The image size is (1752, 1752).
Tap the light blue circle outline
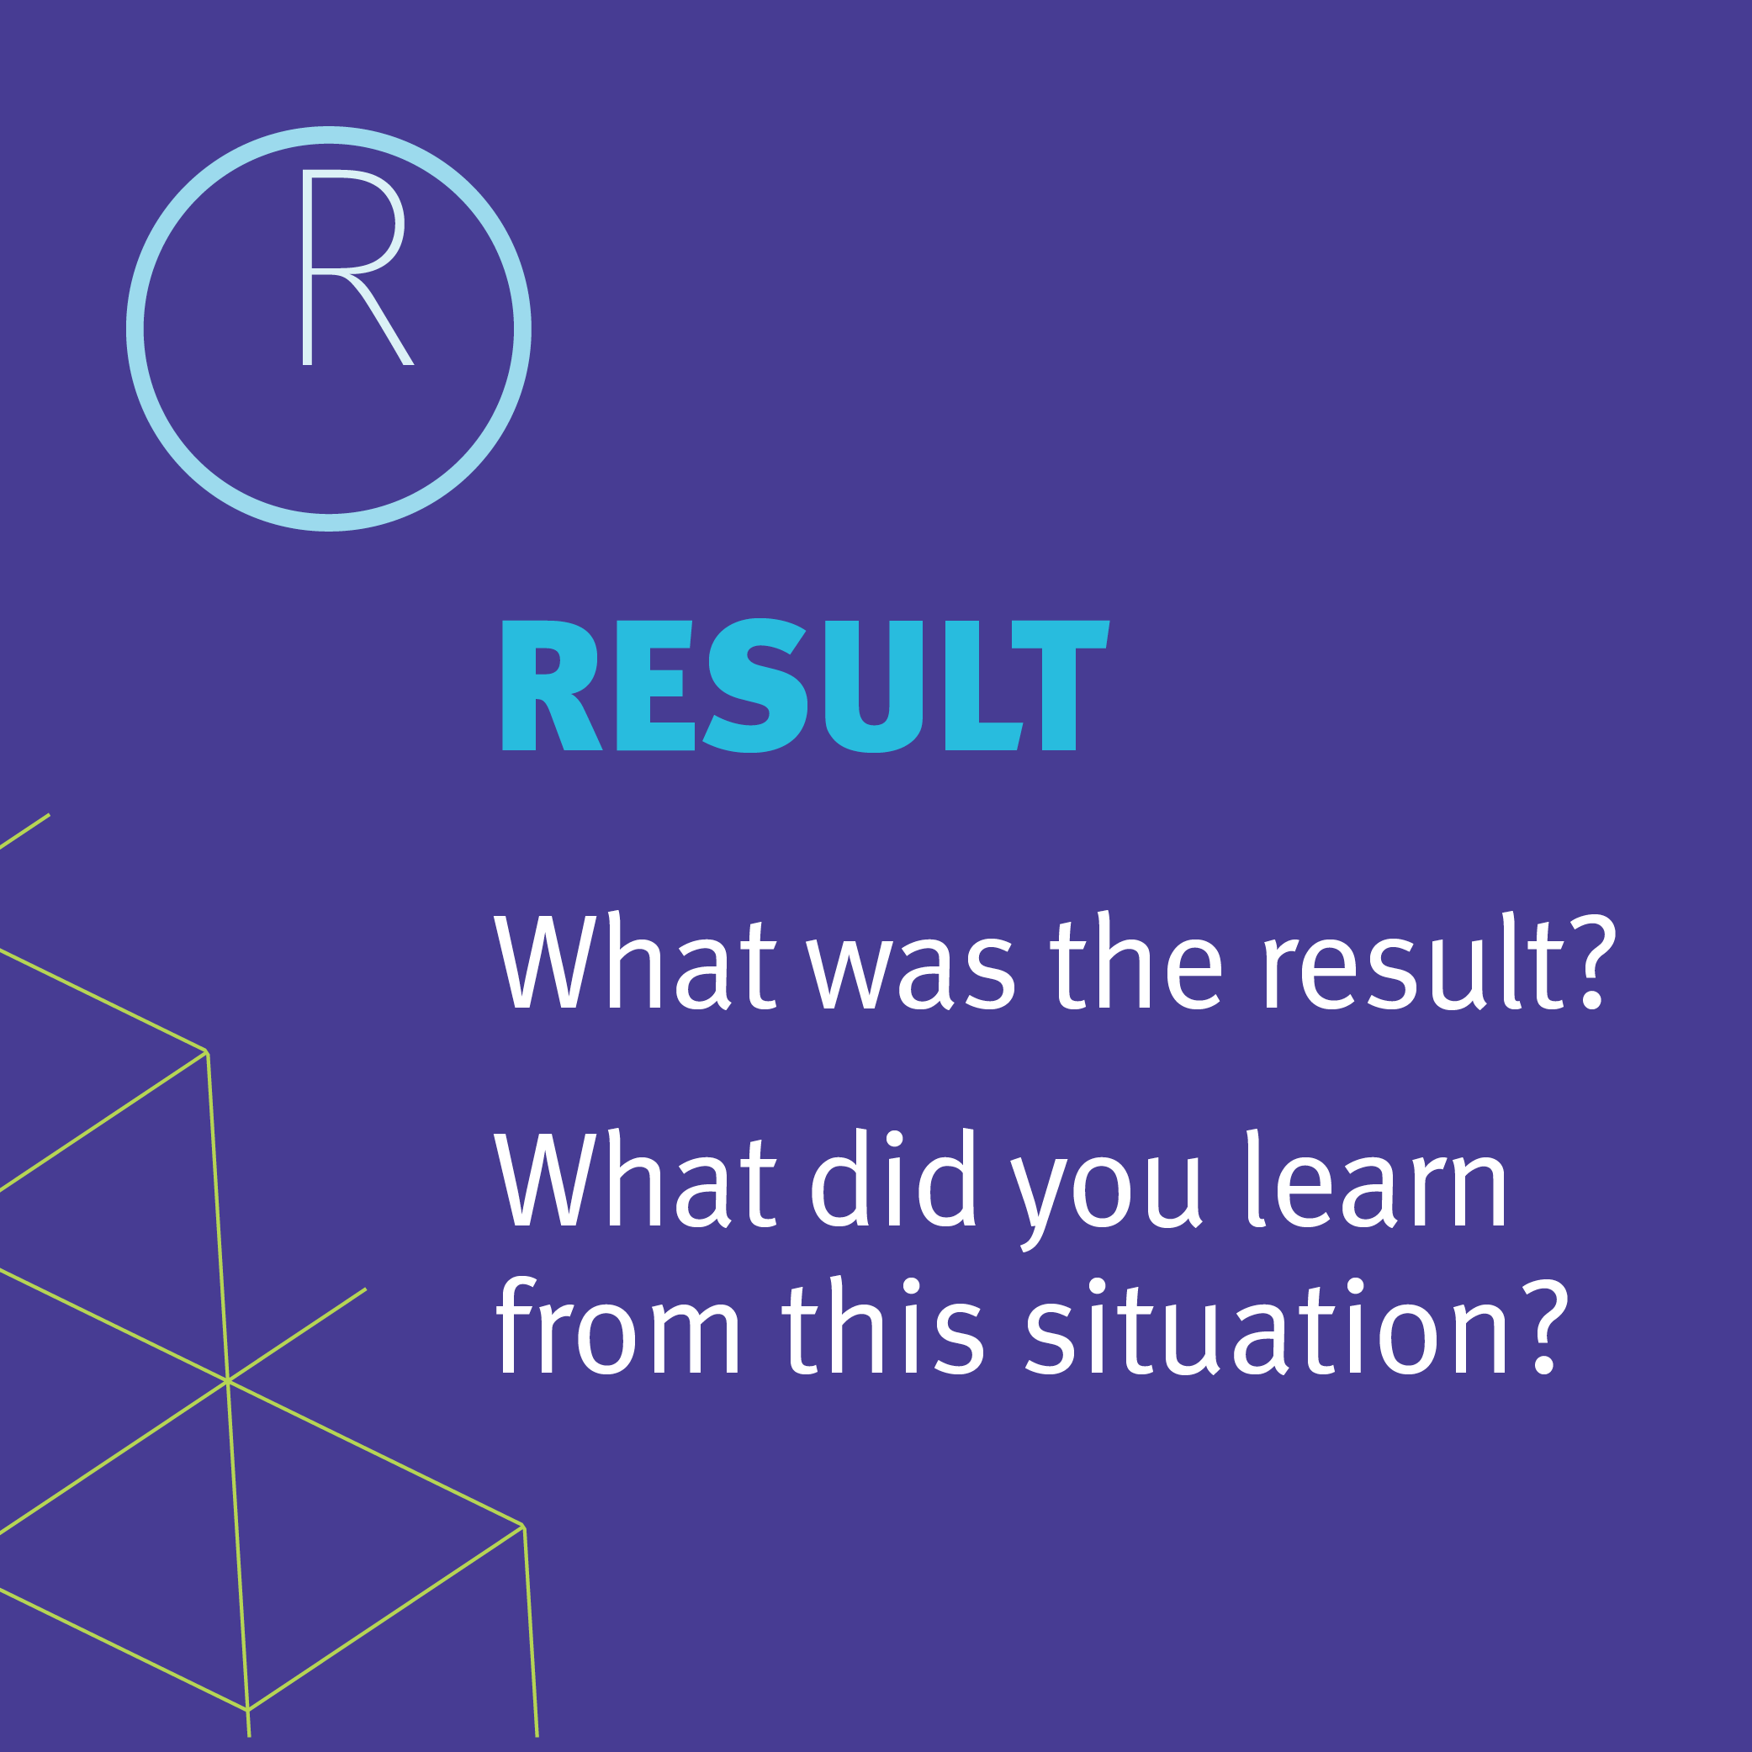328,135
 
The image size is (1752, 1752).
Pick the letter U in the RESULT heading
874,686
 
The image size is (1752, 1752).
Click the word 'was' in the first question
910,971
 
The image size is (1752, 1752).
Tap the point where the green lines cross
227,1380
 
